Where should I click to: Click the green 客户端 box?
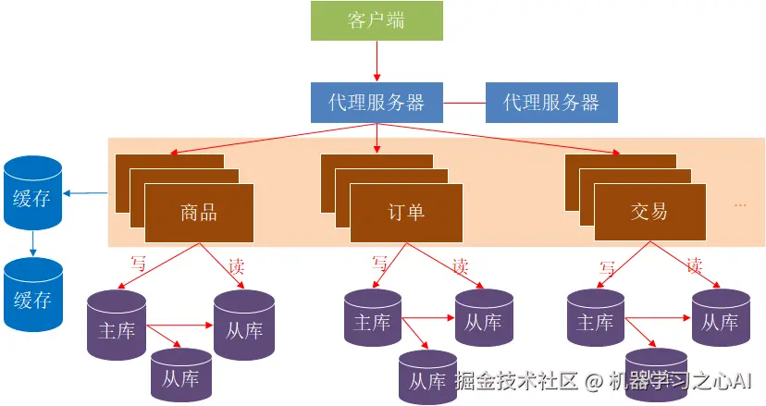pyautogui.click(x=376, y=21)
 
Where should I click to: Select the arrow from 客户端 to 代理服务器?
pyautogui.click(x=377, y=61)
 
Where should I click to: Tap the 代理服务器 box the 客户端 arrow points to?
pyautogui.click(x=376, y=102)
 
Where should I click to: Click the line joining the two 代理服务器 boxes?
pyautogui.click(x=464, y=102)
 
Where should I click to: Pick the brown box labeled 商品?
pyautogui.click(x=199, y=212)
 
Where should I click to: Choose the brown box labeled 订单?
pyautogui.click(x=404, y=212)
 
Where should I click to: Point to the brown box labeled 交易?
pyautogui.click(x=649, y=212)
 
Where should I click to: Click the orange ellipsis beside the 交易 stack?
pyautogui.click(x=740, y=204)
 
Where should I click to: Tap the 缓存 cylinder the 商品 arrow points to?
pyautogui.click(x=32, y=194)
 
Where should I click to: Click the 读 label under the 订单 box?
pyautogui.click(x=460, y=265)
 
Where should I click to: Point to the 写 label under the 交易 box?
pyautogui.click(x=607, y=267)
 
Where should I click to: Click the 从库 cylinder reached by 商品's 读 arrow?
pyautogui.click(x=244, y=328)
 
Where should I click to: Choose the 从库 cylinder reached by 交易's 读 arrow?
pyautogui.click(x=720, y=323)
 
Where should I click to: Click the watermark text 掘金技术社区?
pyautogui.click(x=516, y=381)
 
